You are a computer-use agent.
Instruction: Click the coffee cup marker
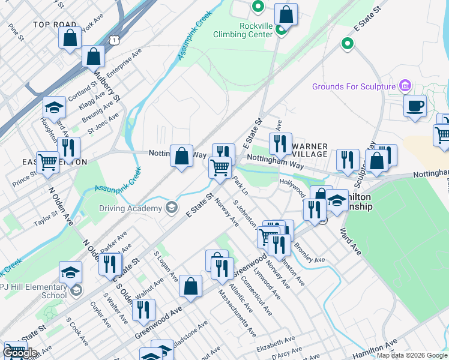point(415,107)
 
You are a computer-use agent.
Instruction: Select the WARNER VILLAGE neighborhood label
point(309,151)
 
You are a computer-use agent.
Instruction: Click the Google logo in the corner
point(19,353)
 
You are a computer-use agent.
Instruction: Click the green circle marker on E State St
point(347,43)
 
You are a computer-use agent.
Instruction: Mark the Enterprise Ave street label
point(127,61)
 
